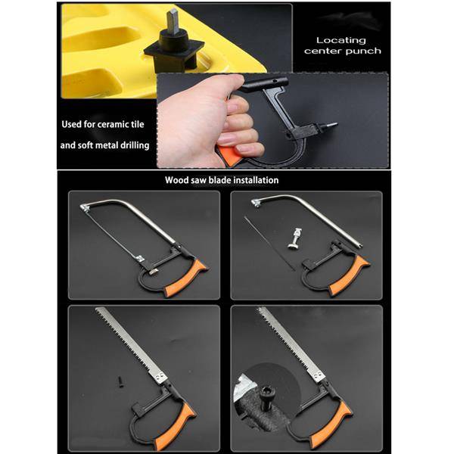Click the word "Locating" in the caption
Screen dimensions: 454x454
[x=340, y=40]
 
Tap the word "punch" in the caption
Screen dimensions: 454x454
[x=363, y=51]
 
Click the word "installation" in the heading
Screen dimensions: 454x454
[x=256, y=180]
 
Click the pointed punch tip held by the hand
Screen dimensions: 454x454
[x=328, y=126]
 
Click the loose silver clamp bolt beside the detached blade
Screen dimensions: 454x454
[x=295, y=238]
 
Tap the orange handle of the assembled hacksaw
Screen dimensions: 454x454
[x=186, y=278]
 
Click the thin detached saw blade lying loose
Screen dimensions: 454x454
[x=269, y=244]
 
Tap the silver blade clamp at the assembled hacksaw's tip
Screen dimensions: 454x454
[x=85, y=207]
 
